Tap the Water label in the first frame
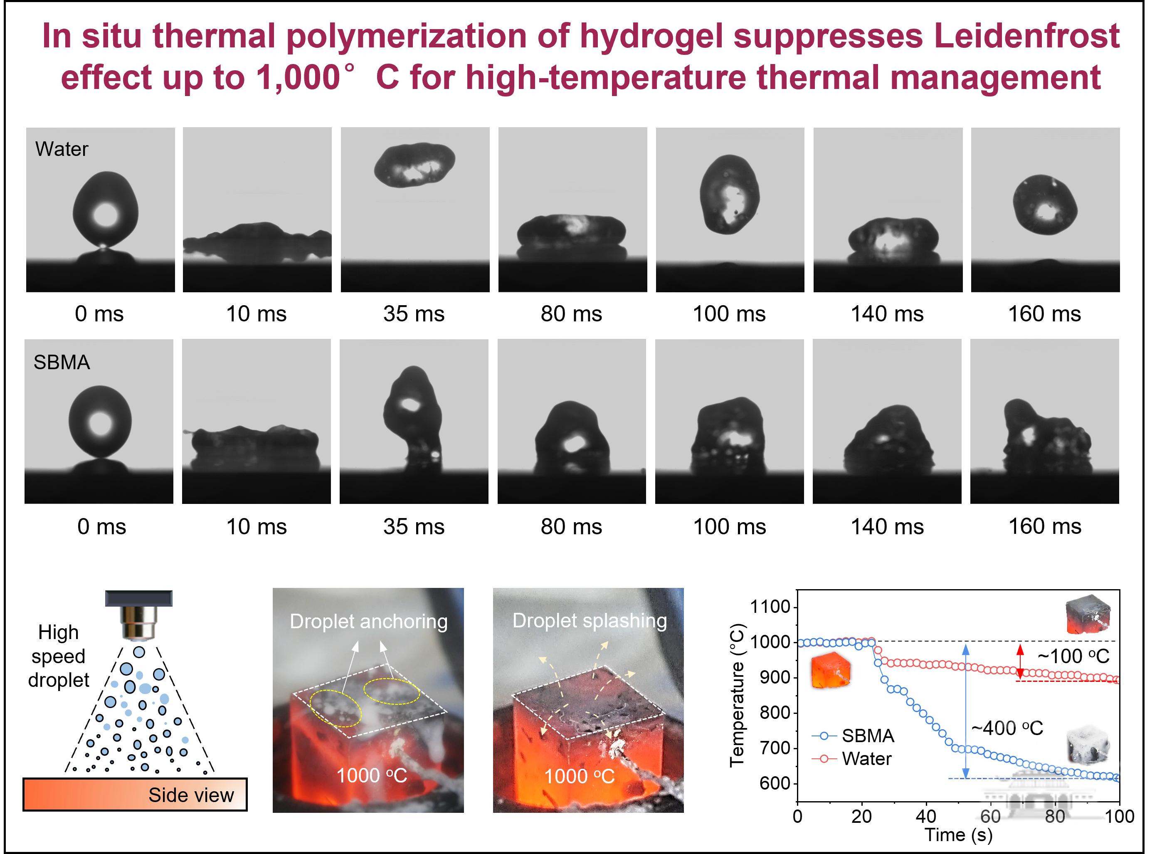pos(62,149)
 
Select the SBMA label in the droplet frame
pos(62,363)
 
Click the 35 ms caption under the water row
pos(414,314)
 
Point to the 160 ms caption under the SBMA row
pos(1045,526)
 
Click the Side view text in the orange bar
pos(191,795)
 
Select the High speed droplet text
pos(58,657)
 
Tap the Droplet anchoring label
pos(368,621)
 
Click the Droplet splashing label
pos(589,621)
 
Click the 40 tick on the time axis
pos(926,816)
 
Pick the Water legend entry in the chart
pos(852,758)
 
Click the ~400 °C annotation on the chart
pos(1007,728)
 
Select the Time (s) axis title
pos(958,835)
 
